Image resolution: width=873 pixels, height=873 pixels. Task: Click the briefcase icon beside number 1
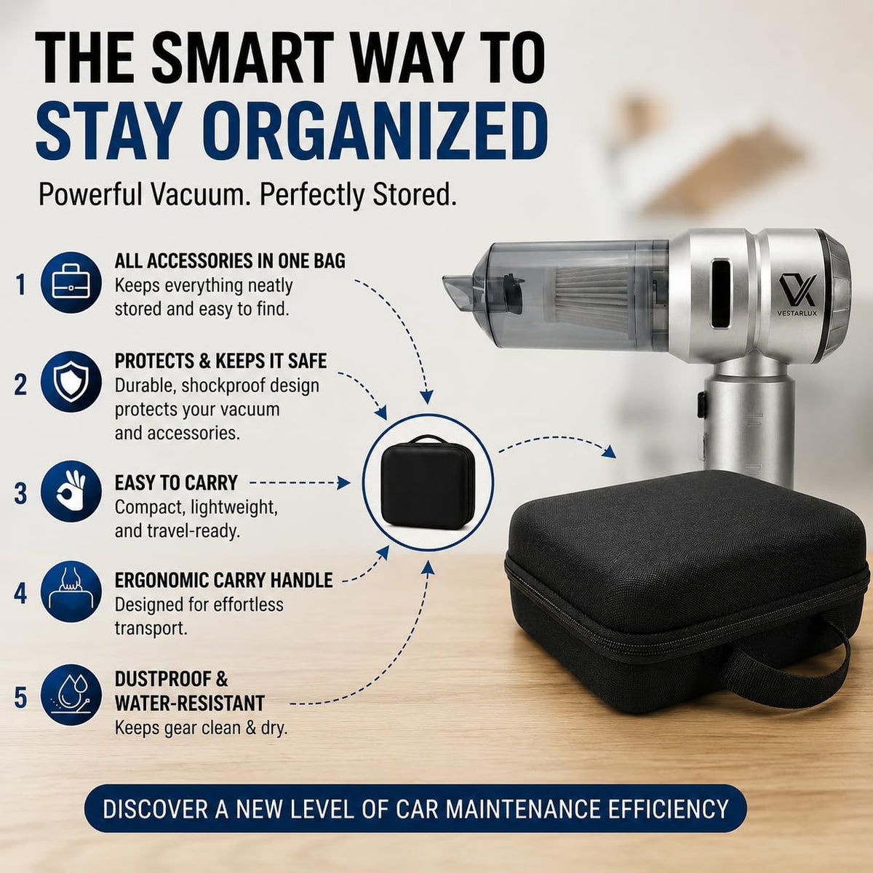(71, 283)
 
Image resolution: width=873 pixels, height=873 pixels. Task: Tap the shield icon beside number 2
(71, 381)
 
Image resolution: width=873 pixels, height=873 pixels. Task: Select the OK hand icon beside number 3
(71, 491)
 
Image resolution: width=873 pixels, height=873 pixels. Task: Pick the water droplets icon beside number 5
(71, 695)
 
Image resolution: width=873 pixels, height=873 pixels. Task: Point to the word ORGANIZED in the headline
(378, 131)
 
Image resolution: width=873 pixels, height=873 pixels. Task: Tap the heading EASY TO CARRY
(176, 482)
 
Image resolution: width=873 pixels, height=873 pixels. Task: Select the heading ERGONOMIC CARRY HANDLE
(224, 581)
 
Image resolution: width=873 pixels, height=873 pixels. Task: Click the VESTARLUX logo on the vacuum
(797, 295)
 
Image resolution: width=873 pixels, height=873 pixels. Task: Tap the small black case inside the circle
(427, 482)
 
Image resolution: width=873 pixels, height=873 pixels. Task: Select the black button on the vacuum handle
(702, 404)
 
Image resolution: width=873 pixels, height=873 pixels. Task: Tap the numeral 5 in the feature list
(20, 698)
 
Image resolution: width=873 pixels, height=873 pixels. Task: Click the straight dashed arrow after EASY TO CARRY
(300, 483)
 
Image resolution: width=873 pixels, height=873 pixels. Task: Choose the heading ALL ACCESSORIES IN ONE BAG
(230, 261)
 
